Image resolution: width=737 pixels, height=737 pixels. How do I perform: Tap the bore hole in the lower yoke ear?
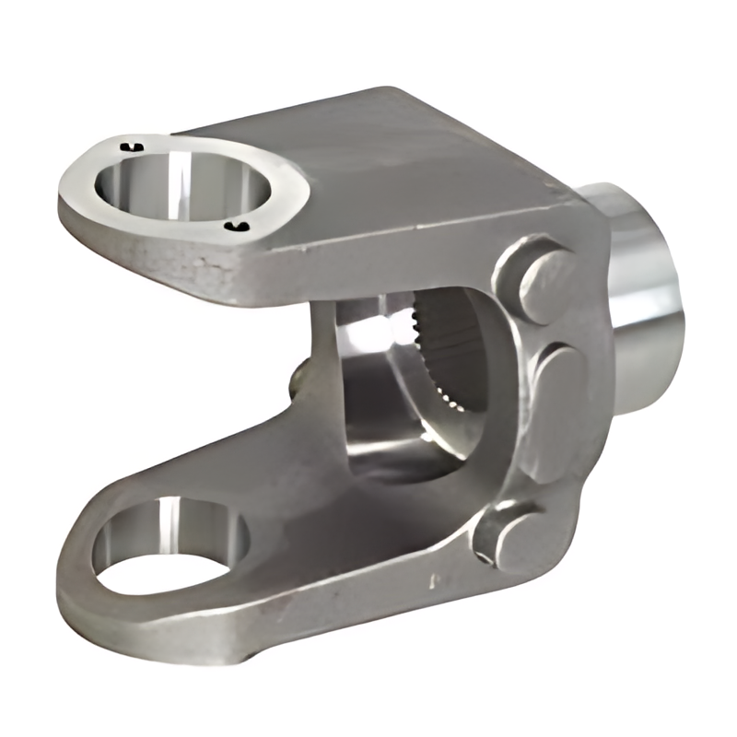[x=170, y=544]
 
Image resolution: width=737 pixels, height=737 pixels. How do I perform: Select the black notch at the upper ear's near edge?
[x=241, y=227]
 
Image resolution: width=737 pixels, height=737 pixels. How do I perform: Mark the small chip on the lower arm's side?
[x=433, y=582]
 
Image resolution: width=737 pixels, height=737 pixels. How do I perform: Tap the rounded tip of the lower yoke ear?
[x=74, y=571]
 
